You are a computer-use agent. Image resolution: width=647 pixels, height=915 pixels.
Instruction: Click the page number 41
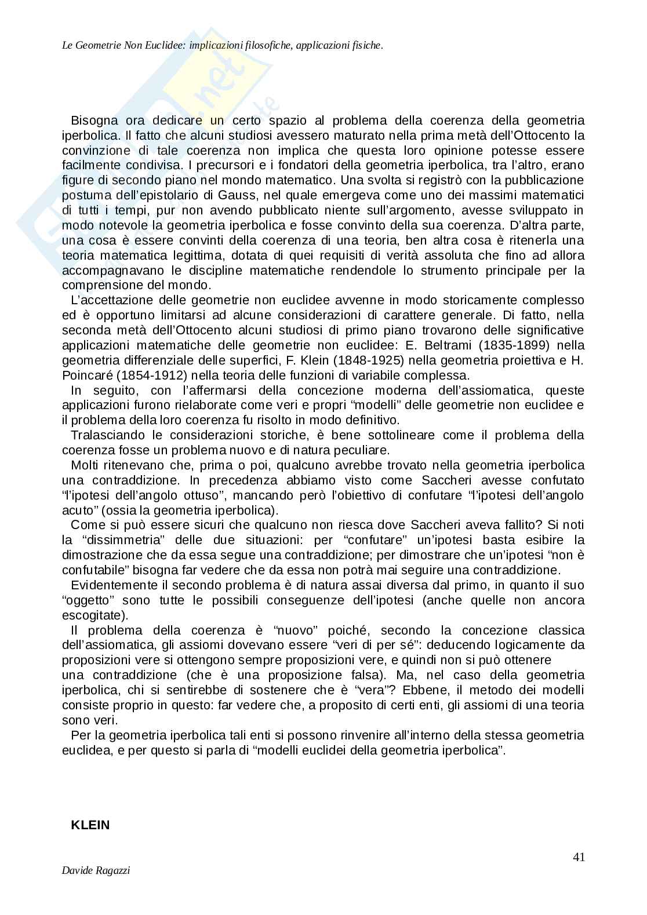pyautogui.click(x=578, y=857)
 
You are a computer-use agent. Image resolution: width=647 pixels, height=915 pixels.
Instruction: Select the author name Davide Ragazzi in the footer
pyautogui.click(x=96, y=887)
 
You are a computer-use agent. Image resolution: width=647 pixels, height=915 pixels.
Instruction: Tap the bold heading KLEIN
pyautogui.click(x=90, y=825)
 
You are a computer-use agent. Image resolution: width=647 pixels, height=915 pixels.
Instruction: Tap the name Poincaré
pyautogui.click(x=85, y=376)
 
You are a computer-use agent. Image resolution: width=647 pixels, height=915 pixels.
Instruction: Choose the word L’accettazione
pyautogui.click(x=111, y=300)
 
